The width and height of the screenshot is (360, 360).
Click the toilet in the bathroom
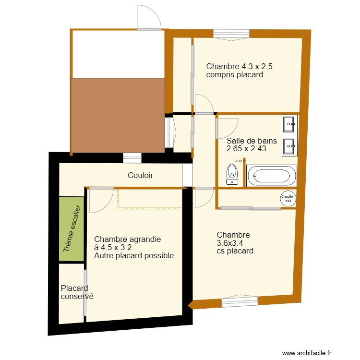(x=232, y=174)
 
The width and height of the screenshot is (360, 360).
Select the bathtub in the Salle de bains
(x=271, y=176)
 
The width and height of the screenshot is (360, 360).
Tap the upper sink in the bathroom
(x=290, y=124)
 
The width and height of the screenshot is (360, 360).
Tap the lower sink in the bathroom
(x=290, y=146)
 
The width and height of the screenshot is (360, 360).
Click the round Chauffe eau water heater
(x=287, y=198)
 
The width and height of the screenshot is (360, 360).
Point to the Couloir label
(x=140, y=176)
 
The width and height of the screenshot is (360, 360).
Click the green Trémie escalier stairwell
(x=72, y=229)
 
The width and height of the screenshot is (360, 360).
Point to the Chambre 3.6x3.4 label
(x=235, y=242)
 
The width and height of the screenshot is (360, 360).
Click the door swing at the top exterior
(x=149, y=18)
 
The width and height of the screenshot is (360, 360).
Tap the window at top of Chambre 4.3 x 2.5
(x=231, y=33)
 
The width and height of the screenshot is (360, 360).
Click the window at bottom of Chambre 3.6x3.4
(x=240, y=301)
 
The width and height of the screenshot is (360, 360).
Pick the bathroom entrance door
(x=227, y=126)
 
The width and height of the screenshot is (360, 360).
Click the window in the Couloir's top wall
(x=132, y=157)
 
